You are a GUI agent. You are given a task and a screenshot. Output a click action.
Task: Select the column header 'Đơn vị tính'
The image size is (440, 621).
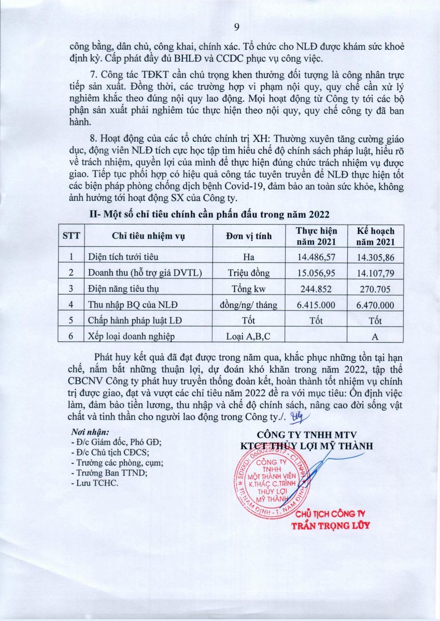point(249,236)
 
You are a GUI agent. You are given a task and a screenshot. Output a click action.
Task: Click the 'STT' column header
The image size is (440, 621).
point(71,236)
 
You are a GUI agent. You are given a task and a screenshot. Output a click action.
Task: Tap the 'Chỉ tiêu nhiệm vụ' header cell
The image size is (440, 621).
point(148,236)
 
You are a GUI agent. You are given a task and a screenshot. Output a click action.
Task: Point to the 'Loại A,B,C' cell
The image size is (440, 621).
point(249,336)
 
